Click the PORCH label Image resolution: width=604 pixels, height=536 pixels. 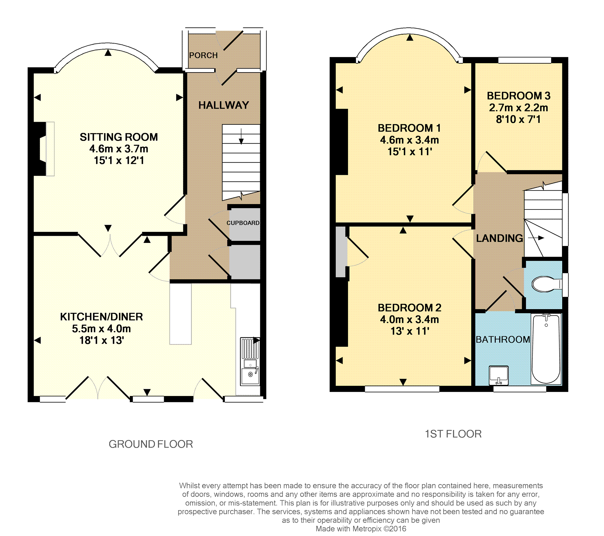pos(203,55)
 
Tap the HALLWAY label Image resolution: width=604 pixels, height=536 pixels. pos(224,105)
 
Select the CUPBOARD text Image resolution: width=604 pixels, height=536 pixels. pos(243,223)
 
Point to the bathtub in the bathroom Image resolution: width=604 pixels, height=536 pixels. pos(546,349)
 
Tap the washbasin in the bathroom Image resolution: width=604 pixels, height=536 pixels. pos(498,375)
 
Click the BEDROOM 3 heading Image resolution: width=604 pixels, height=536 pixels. pos(518,96)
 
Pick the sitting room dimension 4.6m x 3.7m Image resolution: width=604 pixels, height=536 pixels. pos(119,149)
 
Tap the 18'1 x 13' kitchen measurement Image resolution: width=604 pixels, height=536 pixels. pos(102,340)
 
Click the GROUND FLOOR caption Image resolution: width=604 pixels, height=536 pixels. pos(151,444)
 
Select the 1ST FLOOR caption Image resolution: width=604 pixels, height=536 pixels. pos(453,434)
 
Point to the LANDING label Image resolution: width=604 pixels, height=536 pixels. pos(499,238)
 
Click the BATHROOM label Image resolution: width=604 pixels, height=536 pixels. pos(503,339)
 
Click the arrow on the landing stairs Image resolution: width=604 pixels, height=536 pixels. pos(536,238)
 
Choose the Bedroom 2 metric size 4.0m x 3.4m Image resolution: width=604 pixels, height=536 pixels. pos(410,319)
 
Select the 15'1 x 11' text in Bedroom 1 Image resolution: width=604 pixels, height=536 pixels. pos(410,152)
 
